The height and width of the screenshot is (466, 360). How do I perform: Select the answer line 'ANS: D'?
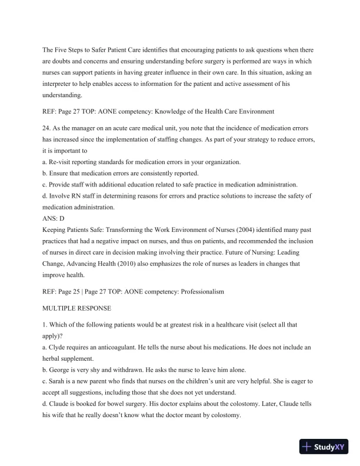[x=54, y=218]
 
